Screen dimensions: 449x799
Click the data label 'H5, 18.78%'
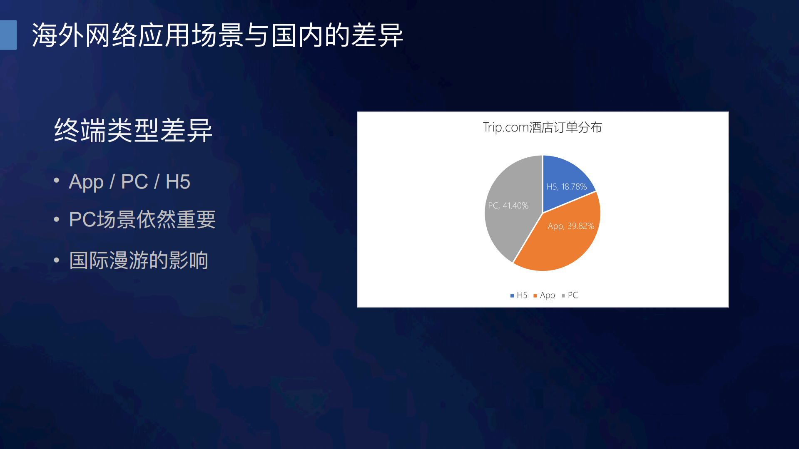point(566,187)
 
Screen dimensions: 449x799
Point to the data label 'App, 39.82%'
point(570,226)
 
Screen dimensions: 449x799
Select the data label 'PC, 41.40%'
point(508,206)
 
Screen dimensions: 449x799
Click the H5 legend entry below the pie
point(519,295)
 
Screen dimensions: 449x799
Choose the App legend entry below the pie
point(544,295)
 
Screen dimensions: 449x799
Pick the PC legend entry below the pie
point(570,295)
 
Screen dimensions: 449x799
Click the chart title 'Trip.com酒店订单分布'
point(542,127)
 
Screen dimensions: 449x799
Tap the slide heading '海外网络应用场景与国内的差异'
point(217,35)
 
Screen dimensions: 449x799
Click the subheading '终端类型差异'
point(133,131)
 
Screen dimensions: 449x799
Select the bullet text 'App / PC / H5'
point(129,182)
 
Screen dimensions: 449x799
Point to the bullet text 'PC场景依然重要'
point(142,219)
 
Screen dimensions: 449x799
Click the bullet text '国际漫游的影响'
point(139,260)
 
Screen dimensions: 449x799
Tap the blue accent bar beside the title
point(8,35)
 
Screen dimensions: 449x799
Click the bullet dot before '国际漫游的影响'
point(57,260)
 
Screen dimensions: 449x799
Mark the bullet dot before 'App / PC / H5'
point(57,181)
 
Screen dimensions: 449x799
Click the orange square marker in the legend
point(535,296)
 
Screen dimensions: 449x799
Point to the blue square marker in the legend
point(512,296)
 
